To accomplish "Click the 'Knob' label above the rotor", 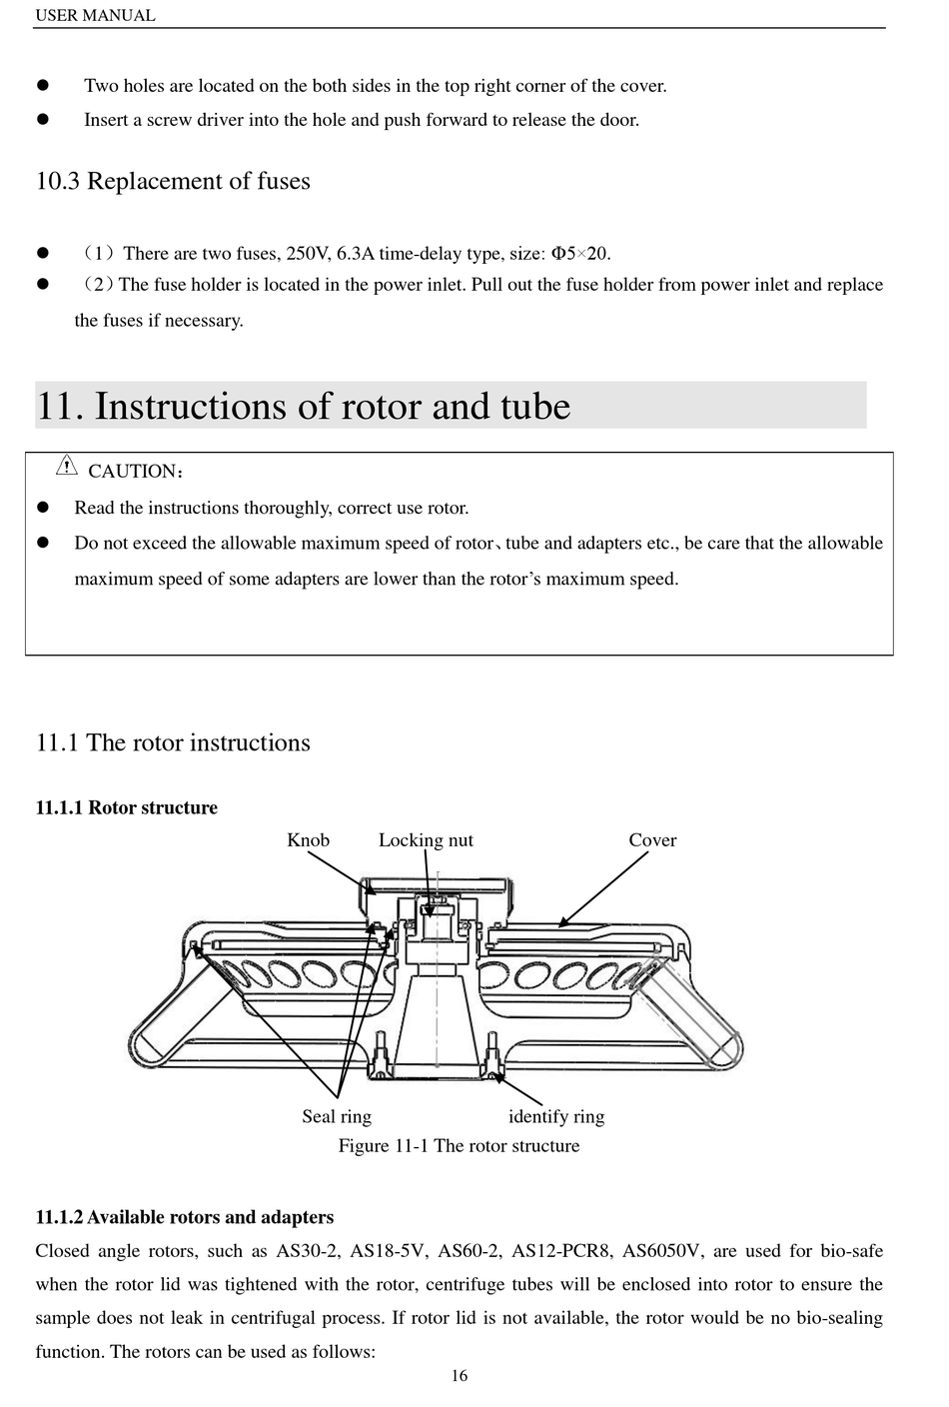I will [308, 840].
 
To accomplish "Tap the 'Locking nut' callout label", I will [426, 840].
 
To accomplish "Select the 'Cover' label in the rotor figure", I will [652, 840].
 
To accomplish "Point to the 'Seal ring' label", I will [337, 1116].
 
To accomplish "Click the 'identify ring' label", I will [556, 1116].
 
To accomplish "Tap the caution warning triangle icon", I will [66, 465].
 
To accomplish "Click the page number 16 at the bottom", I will [460, 1376].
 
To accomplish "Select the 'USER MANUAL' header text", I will [95, 15].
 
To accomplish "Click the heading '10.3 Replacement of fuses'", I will [173, 181].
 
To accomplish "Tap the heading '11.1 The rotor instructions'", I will [173, 742].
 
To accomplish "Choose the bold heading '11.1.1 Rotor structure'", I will [127, 807].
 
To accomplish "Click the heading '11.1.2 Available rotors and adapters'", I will [185, 1217].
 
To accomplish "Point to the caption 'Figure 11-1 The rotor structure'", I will [459, 1145].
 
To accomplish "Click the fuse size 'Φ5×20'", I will [580, 253].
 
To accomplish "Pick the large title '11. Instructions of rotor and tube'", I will [304, 407].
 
